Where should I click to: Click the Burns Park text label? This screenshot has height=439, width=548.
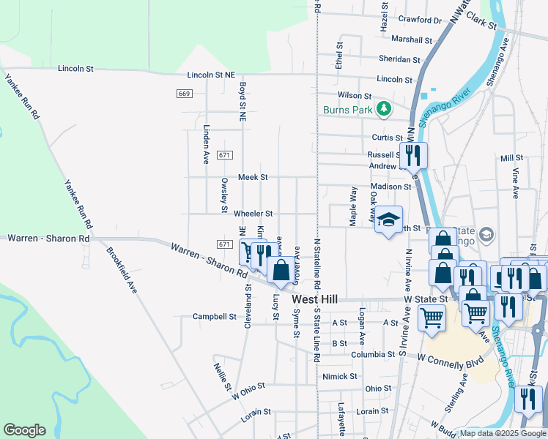click(x=347, y=110)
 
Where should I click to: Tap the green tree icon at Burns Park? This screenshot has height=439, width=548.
click(x=383, y=110)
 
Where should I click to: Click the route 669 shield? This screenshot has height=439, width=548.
click(x=184, y=94)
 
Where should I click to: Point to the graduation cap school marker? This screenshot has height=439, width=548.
click(x=388, y=219)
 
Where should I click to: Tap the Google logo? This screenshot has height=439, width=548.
click(x=24, y=430)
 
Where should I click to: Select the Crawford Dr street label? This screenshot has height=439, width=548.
click(x=421, y=21)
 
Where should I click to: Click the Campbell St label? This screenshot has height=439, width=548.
click(x=214, y=317)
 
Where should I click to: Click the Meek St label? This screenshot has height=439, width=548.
click(x=253, y=178)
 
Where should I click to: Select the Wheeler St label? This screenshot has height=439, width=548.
click(x=253, y=214)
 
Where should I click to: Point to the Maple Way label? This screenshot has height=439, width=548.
click(x=353, y=207)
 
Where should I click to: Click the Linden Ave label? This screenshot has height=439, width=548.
click(x=206, y=143)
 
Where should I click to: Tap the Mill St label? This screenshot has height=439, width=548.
click(x=511, y=158)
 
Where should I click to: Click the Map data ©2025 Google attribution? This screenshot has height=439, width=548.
click(x=503, y=433)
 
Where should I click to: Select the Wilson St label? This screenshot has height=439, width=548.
click(x=355, y=96)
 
